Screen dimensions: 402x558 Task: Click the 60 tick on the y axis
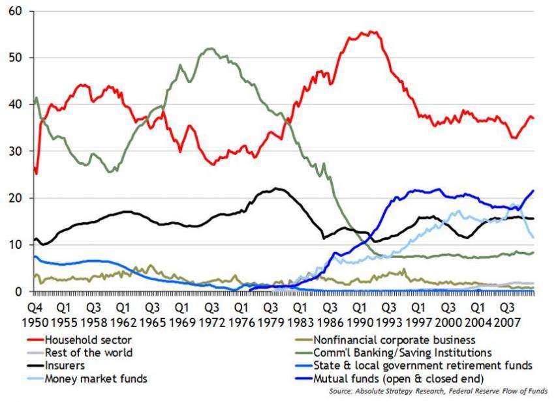point(14,12)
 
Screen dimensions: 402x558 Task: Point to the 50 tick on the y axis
point(14,58)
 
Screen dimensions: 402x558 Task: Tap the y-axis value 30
point(14,151)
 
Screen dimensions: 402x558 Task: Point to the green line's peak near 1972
point(209,48)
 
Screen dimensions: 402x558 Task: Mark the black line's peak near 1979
point(277,188)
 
